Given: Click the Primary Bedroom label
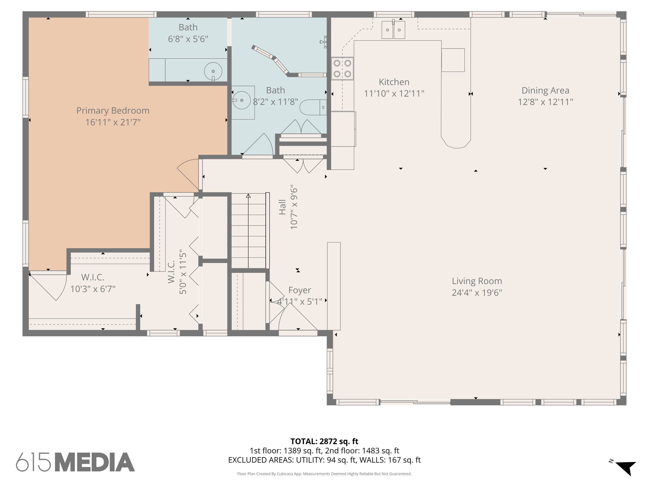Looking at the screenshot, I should click(113, 111).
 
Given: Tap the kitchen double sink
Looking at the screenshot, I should click(393, 30).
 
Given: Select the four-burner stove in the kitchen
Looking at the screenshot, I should click(342, 68).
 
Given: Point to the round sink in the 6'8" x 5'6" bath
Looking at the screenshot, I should click(213, 72).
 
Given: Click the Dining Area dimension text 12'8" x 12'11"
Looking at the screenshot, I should click(545, 102).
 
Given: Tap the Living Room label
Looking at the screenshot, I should click(477, 281).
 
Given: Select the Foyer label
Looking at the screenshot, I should click(299, 290).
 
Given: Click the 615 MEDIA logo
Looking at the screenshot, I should click(75, 462).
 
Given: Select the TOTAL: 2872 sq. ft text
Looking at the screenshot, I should click(324, 441).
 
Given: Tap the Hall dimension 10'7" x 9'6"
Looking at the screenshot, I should click(294, 207).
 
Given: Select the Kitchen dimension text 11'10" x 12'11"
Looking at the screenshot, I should click(394, 94).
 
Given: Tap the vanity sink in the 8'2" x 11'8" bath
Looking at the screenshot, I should click(242, 100).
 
